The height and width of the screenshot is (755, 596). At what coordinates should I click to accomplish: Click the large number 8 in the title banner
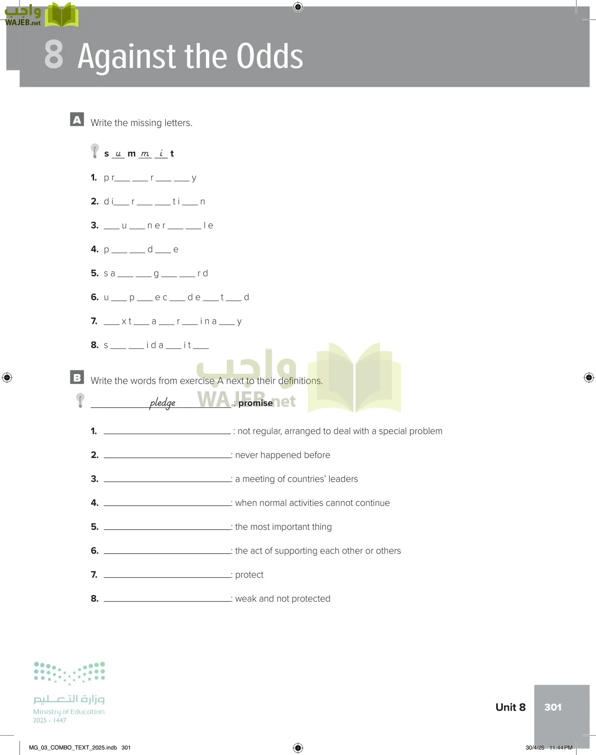pyautogui.click(x=54, y=55)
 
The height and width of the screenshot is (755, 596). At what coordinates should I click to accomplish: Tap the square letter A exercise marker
pyautogui.click(x=77, y=120)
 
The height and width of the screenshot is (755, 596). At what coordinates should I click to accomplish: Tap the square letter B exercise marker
pyautogui.click(x=77, y=377)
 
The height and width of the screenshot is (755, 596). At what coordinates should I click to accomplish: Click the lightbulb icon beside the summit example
pyautogui.click(x=95, y=151)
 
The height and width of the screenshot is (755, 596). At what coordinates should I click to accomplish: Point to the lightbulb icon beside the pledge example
pyautogui.click(x=80, y=400)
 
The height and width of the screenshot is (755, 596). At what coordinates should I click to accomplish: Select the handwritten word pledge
pyautogui.click(x=162, y=403)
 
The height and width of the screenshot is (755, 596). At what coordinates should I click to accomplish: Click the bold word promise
pyautogui.click(x=255, y=403)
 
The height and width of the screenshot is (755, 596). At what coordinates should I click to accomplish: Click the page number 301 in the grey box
pyautogui.click(x=552, y=707)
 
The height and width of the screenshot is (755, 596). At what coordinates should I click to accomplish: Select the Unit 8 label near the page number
pyautogui.click(x=510, y=707)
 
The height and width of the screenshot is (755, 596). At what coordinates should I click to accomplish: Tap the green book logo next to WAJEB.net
pyautogui.click(x=62, y=16)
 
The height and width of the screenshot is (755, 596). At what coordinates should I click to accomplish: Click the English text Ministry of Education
pyautogui.click(x=69, y=712)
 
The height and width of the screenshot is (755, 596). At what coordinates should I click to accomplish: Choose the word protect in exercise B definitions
pyautogui.click(x=249, y=575)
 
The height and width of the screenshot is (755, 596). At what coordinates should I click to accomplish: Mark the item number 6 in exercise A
pyautogui.click(x=94, y=297)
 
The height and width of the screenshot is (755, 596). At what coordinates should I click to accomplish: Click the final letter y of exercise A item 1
pyautogui.click(x=194, y=178)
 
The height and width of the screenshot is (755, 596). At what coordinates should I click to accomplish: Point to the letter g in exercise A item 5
pyautogui.click(x=156, y=274)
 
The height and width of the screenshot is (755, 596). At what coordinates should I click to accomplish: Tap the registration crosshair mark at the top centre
pyautogui.click(x=298, y=7)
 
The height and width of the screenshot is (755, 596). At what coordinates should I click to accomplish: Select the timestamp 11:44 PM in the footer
pyautogui.click(x=561, y=747)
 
